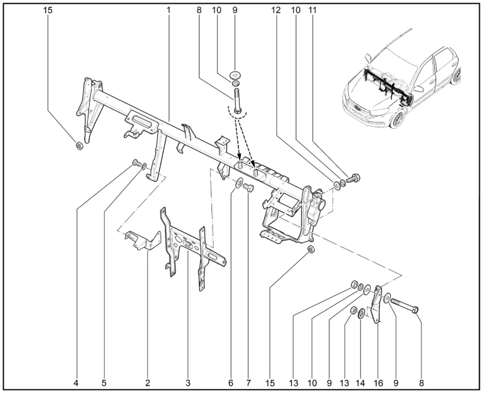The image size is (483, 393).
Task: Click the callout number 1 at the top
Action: coord(169,11)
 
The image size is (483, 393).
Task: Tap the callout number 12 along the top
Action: coord(277,11)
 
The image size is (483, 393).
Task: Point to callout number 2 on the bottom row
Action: coord(148,382)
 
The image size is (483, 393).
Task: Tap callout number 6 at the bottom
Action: coord(230,382)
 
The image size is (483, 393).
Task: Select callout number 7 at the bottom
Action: coord(248,382)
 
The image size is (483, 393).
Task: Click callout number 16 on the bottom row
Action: coord(378,382)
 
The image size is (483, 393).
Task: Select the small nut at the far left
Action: coord(79,146)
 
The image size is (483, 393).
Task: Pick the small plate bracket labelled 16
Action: coord(376,304)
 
